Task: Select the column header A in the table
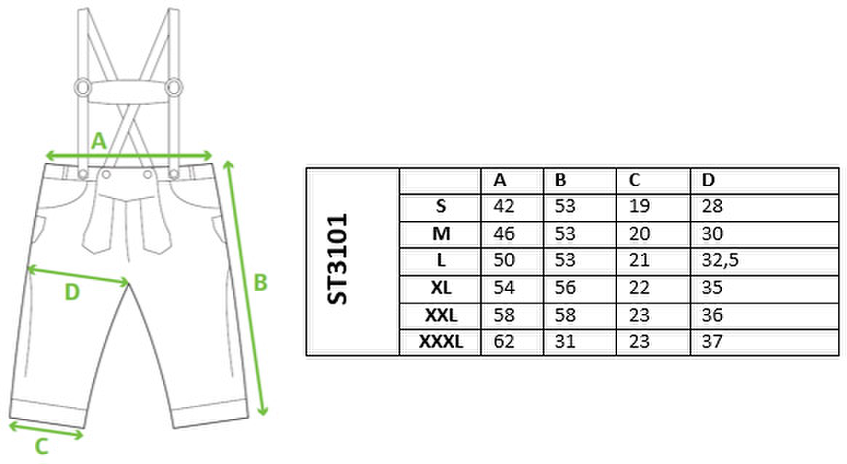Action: coord(500,180)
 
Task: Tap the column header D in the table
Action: coord(708,180)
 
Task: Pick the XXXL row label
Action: coord(441,342)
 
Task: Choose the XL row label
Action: coord(441,288)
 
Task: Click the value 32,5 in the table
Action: coord(720,261)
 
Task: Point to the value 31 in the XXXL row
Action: coord(565,342)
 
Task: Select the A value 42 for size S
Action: coord(504,207)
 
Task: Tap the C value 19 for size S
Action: coord(639,207)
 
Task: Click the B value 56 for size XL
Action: coord(565,288)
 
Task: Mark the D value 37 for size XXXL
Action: coord(712,342)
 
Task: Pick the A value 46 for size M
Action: coord(504,234)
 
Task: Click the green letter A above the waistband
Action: coord(99,141)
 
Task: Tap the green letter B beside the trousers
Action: coord(261,282)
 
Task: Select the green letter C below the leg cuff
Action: coord(41,447)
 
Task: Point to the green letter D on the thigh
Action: coord(72,293)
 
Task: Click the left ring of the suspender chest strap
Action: coord(83,87)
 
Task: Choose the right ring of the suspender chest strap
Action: coord(174,87)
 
